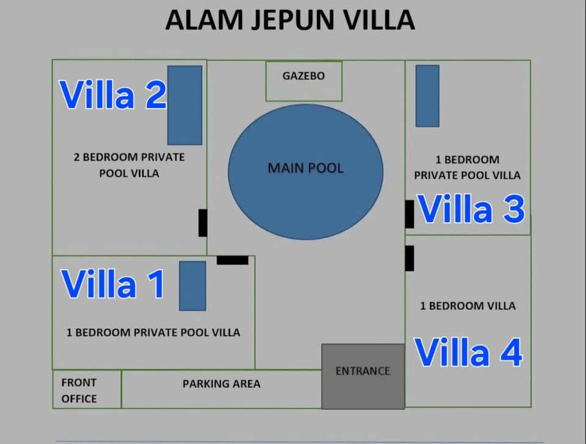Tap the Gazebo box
click(304, 81)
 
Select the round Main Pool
click(306, 172)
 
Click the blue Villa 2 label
click(113, 95)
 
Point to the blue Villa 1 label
click(113, 284)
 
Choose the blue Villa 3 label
click(471, 209)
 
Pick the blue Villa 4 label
click(468, 352)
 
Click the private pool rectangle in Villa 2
click(184, 106)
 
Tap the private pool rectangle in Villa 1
click(192, 286)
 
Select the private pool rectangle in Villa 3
click(427, 96)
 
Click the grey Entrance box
click(363, 376)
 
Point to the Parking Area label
click(222, 384)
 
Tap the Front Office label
click(79, 390)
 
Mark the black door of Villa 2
click(203, 223)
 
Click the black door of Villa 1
click(233, 260)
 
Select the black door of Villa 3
click(410, 214)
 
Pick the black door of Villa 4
click(410, 259)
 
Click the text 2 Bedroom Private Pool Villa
click(129, 165)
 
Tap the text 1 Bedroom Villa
click(468, 306)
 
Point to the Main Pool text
click(306, 168)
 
